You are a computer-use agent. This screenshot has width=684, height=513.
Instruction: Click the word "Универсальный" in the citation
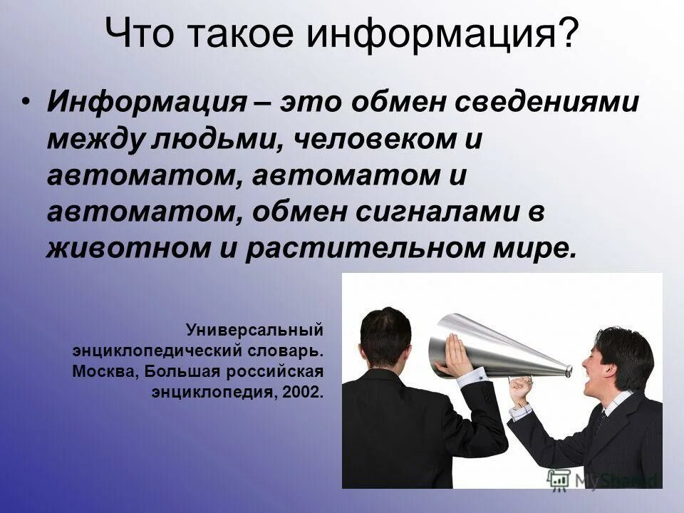(x=255, y=331)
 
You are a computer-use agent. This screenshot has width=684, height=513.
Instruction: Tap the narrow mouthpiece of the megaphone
(x=566, y=370)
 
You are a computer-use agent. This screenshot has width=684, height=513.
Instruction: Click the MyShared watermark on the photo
(x=603, y=479)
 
